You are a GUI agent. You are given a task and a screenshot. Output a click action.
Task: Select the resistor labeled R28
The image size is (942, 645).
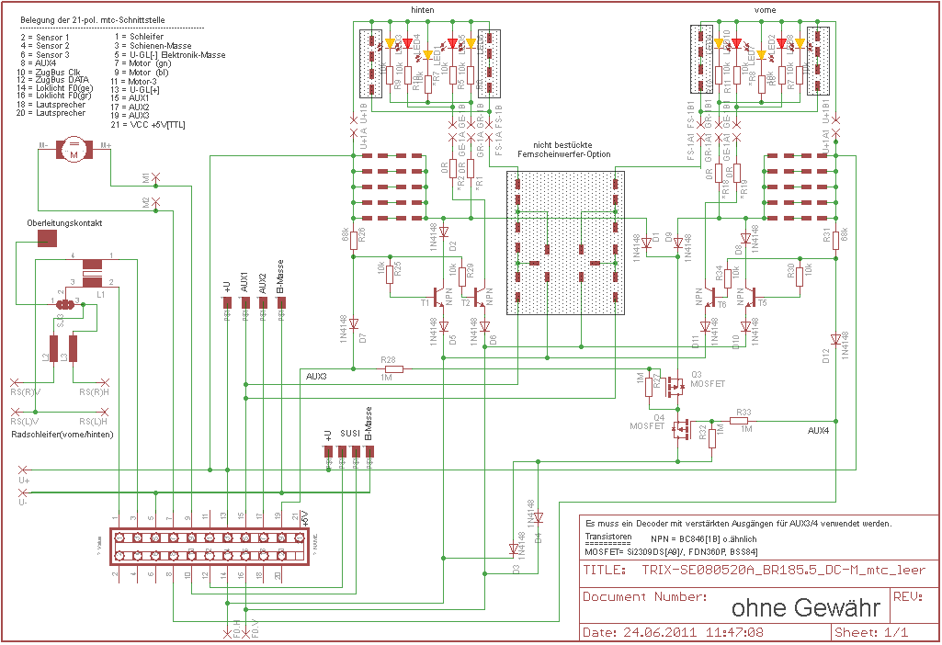click(387, 368)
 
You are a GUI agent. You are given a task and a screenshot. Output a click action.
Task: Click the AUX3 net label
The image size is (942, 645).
click(316, 377)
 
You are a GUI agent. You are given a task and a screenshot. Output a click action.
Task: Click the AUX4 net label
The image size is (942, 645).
click(820, 430)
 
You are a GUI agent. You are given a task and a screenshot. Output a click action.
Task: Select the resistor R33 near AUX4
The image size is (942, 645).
click(743, 420)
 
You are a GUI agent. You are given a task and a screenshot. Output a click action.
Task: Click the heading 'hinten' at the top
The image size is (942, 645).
click(424, 8)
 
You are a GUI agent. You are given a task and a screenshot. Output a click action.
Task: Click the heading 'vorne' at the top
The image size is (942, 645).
click(764, 8)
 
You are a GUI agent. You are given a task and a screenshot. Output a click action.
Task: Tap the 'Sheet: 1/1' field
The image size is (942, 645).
click(870, 633)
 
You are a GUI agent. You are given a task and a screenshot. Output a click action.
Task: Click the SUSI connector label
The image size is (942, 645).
click(349, 432)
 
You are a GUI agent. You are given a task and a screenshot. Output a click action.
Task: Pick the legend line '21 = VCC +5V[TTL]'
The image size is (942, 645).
click(145, 124)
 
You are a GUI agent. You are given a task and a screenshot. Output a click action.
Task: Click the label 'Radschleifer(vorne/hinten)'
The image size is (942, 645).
click(62, 434)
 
